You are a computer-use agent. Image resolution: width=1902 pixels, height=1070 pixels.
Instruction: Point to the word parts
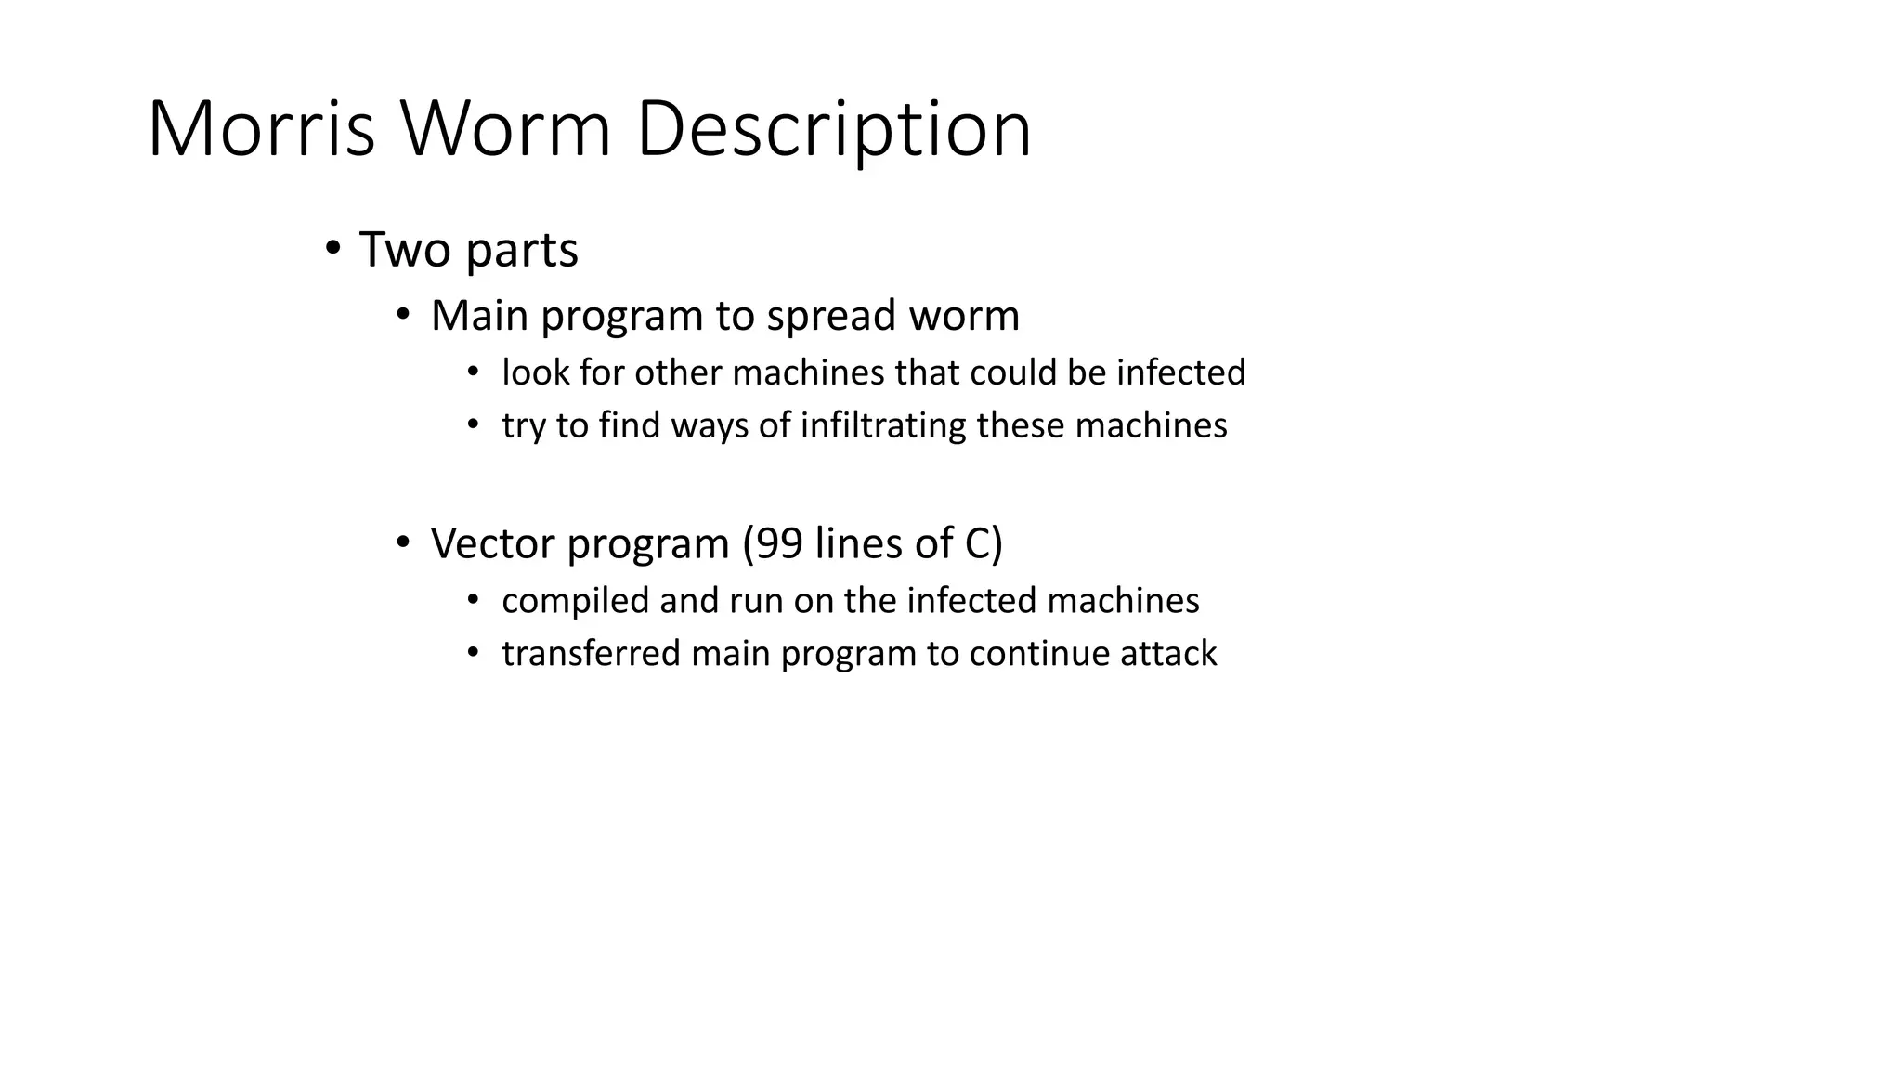522,251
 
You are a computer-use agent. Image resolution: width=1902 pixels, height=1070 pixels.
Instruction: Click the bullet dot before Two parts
332,248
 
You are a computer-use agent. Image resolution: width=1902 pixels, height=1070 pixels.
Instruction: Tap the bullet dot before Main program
402,315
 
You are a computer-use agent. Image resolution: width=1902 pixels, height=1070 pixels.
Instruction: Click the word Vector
492,543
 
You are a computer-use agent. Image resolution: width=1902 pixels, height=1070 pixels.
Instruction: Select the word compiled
575,601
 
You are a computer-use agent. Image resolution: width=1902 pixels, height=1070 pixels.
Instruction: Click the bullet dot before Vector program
402,542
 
